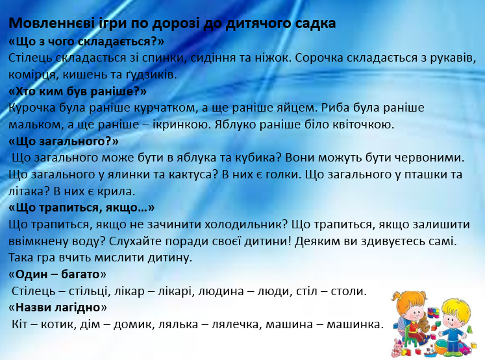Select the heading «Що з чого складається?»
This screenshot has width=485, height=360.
(86, 42)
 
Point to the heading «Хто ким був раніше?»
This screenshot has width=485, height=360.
(78, 91)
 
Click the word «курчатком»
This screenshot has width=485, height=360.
(165, 108)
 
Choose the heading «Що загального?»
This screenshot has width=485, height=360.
(64, 141)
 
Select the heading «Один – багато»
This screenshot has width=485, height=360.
(57, 274)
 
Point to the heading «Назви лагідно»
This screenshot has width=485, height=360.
(58, 307)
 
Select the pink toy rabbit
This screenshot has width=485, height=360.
(397, 346)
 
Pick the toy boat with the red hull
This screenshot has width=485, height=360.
(429, 351)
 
